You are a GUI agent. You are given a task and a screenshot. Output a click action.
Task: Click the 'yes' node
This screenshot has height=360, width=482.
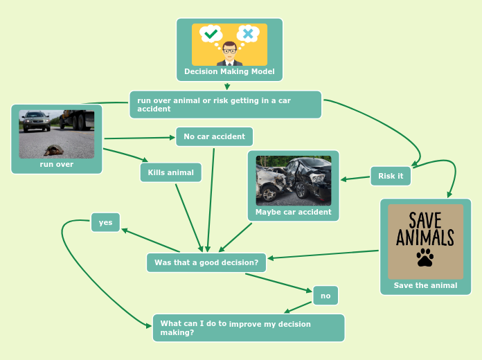(105, 222)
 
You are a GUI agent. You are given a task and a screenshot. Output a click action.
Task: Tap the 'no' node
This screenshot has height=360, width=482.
(325, 296)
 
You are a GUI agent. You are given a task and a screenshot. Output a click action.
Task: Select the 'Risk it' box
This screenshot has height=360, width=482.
(391, 176)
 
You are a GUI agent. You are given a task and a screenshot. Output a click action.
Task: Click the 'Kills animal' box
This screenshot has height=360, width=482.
(171, 172)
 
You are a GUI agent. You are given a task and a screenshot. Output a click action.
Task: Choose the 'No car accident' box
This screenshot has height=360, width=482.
(214, 136)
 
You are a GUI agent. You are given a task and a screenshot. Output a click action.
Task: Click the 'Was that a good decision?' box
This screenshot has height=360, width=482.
(206, 262)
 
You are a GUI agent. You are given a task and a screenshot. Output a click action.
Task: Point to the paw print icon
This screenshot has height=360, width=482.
(425, 258)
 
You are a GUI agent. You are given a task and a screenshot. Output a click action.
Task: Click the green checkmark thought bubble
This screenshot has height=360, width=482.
(211, 34)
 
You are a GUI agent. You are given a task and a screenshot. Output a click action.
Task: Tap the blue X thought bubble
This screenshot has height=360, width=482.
(247, 34)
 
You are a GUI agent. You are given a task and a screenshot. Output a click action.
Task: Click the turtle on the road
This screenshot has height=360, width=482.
(53, 150)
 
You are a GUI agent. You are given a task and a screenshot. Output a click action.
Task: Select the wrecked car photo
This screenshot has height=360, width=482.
(294, 180)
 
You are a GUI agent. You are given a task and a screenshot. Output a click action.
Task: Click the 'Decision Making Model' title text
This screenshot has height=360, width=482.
(229, 71)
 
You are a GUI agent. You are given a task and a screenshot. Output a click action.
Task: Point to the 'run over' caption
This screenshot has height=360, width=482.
(57, 165)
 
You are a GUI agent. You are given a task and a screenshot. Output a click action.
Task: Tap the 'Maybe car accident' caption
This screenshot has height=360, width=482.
(294, 212)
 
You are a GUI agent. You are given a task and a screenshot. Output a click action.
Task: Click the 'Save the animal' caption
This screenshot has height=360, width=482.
(425, 285)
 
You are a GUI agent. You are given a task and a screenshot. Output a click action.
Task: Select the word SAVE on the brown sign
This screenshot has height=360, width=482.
(425, 221)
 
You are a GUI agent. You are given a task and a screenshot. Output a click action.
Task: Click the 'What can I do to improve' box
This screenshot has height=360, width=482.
(248, 327)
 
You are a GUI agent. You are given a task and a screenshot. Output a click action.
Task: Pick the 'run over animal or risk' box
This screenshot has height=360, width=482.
(225, 105)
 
